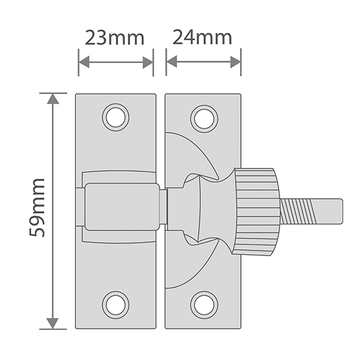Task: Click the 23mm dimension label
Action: pos(115,38)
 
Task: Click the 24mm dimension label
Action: pos(202,38)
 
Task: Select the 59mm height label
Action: pos(37,207)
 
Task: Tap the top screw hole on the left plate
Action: pos(115,117)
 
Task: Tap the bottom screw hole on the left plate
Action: pos(115,304)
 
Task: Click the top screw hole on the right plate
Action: pos(204,118)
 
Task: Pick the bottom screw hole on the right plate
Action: pos(204,304)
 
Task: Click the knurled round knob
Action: pos(257,211)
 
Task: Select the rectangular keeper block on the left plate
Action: pos(121,207)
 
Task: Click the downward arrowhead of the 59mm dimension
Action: pos(53,323)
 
